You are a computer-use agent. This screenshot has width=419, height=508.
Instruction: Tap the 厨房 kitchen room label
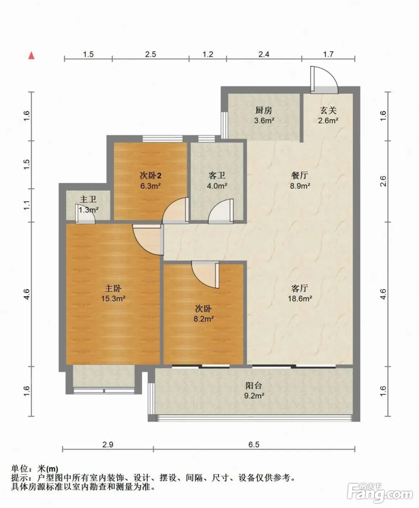tap(264, 110)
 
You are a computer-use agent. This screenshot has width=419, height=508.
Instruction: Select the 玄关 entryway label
tap(328, 110)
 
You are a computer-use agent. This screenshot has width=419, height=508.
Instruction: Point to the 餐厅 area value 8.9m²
tap(300, 186)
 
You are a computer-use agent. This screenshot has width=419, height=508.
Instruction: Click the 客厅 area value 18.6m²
tap(300, 299)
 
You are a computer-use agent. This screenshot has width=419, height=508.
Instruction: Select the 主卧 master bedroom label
tap(113, 288)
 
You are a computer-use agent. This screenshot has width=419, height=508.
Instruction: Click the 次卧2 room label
tap(151, 175)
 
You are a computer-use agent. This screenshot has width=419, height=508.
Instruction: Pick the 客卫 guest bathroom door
tap(221, 211)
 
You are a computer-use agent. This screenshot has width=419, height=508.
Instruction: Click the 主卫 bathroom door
tap(85, 214)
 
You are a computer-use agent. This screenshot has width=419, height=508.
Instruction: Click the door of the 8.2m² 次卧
tap(206, 275)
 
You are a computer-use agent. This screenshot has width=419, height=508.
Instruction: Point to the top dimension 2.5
tap(150, 54)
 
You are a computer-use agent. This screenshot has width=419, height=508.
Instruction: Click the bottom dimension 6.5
tap(254, 444)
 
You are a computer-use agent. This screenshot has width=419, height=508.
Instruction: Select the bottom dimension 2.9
tap(108, 444)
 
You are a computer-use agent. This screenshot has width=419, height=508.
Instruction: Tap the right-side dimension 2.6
tap(383, 181)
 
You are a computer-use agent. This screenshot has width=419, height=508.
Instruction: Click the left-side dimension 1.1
tap(27, 205)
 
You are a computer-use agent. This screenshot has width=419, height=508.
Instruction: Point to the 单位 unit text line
tap(34, 468)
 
